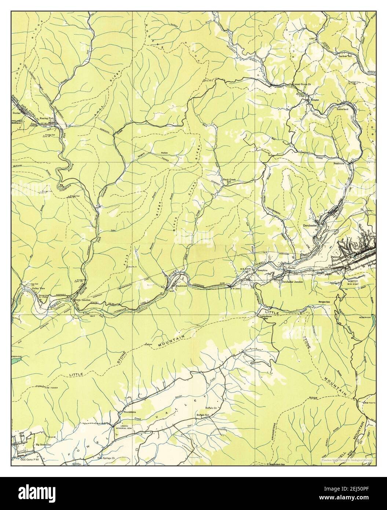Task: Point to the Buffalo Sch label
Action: click(x=202, y=415)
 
